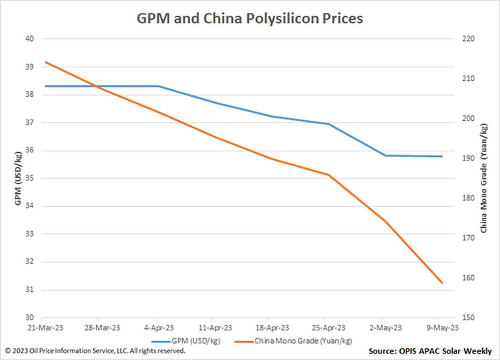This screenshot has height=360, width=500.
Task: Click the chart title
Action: click(x=250, y=18)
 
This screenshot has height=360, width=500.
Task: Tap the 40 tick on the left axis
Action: click(x=30, y=39)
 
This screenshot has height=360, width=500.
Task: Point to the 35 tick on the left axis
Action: click(x=30, y=178)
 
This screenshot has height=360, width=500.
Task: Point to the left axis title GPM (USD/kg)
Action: click(x=18, y=178)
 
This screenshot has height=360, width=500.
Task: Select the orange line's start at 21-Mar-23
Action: click(x=46, y=62)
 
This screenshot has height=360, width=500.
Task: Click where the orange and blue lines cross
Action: click(x=96, y=86)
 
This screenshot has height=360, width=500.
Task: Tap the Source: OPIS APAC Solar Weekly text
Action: click(x=430, y=351)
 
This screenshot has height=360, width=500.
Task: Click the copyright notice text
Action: click(x=96, y=351)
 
